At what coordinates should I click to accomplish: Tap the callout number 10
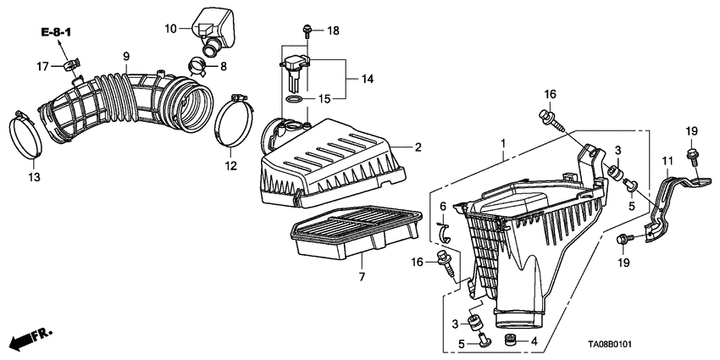170,29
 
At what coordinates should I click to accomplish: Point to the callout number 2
418,147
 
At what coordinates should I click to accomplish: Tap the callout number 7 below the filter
361,278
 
